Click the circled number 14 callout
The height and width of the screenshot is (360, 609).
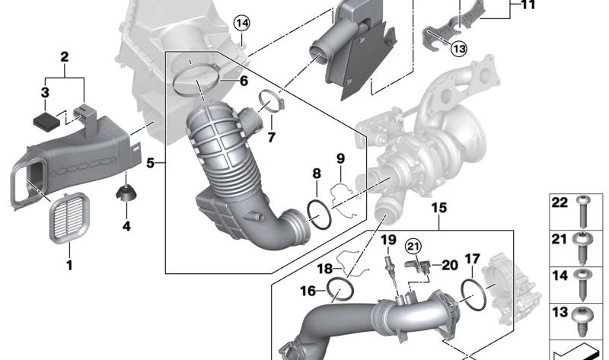[x=241, y=24]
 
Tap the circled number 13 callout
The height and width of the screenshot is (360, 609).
[x=459, y=49]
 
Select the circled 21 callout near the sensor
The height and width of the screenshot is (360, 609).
[x=413, y=246]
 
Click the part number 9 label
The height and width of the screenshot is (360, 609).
[x=340, y=158]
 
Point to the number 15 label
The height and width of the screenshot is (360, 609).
[x=439, y=208]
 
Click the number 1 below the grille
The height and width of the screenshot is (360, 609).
[x=69, y=266]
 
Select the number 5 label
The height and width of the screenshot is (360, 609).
[x=150, y=163]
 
